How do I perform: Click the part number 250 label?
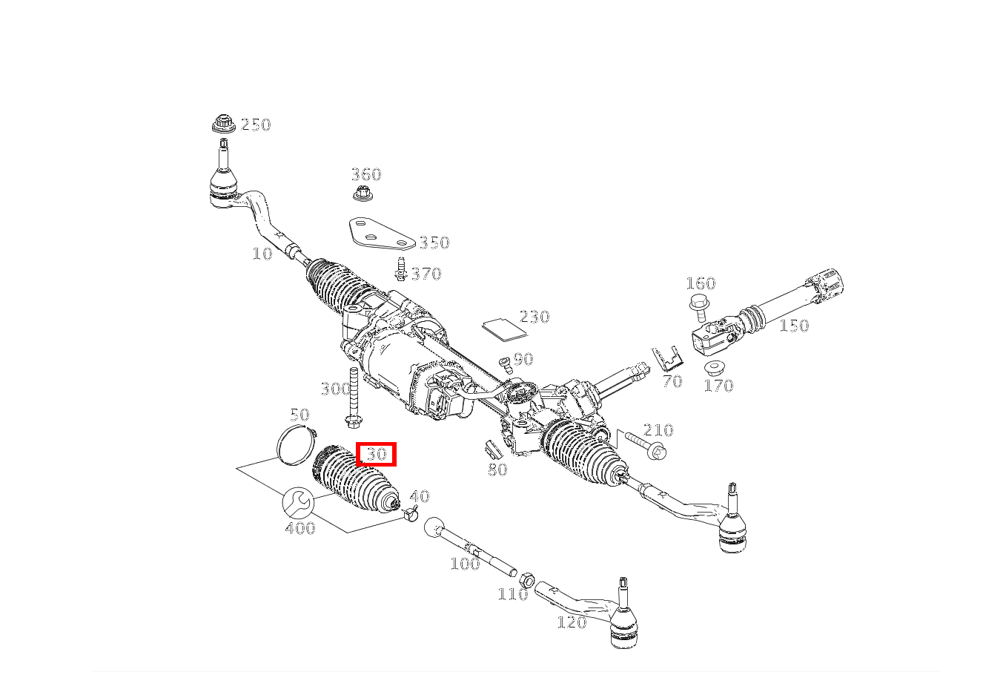tap(256, 125)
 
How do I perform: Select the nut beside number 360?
tap(363, 193)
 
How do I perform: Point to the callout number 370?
tap(426, 274)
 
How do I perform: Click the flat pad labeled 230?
tap(504, 329)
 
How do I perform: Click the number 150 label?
tap(794, 326)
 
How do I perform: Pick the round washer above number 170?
tap(714, 367)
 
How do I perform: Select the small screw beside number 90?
tap(506, 365)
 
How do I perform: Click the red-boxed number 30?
tap(376, 454)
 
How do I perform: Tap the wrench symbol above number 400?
tap(298, 503)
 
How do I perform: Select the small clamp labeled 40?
tap(410, 513)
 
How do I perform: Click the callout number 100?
tap(465, 564)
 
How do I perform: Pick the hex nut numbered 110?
tap(526, 581)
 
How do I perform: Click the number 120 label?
tap(572, 622)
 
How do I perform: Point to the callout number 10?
tap(262, 254)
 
